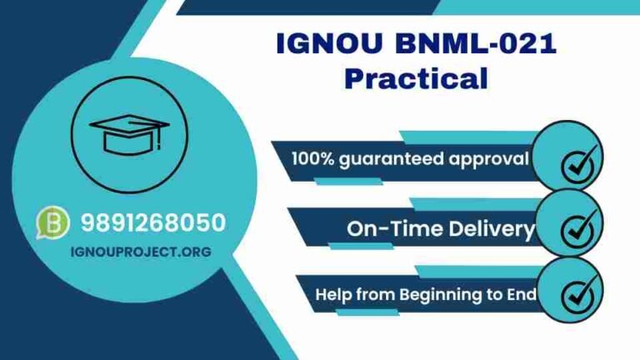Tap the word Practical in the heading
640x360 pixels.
pos(415,79)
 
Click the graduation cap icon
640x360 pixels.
pos(129,132)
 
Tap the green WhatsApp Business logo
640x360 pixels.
pos(52,223)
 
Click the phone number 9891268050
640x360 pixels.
pos(152,222)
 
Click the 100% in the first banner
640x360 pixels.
pos(313,158)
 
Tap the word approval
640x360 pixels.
pos(490,158)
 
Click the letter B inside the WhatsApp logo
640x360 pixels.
pos(52,223)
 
